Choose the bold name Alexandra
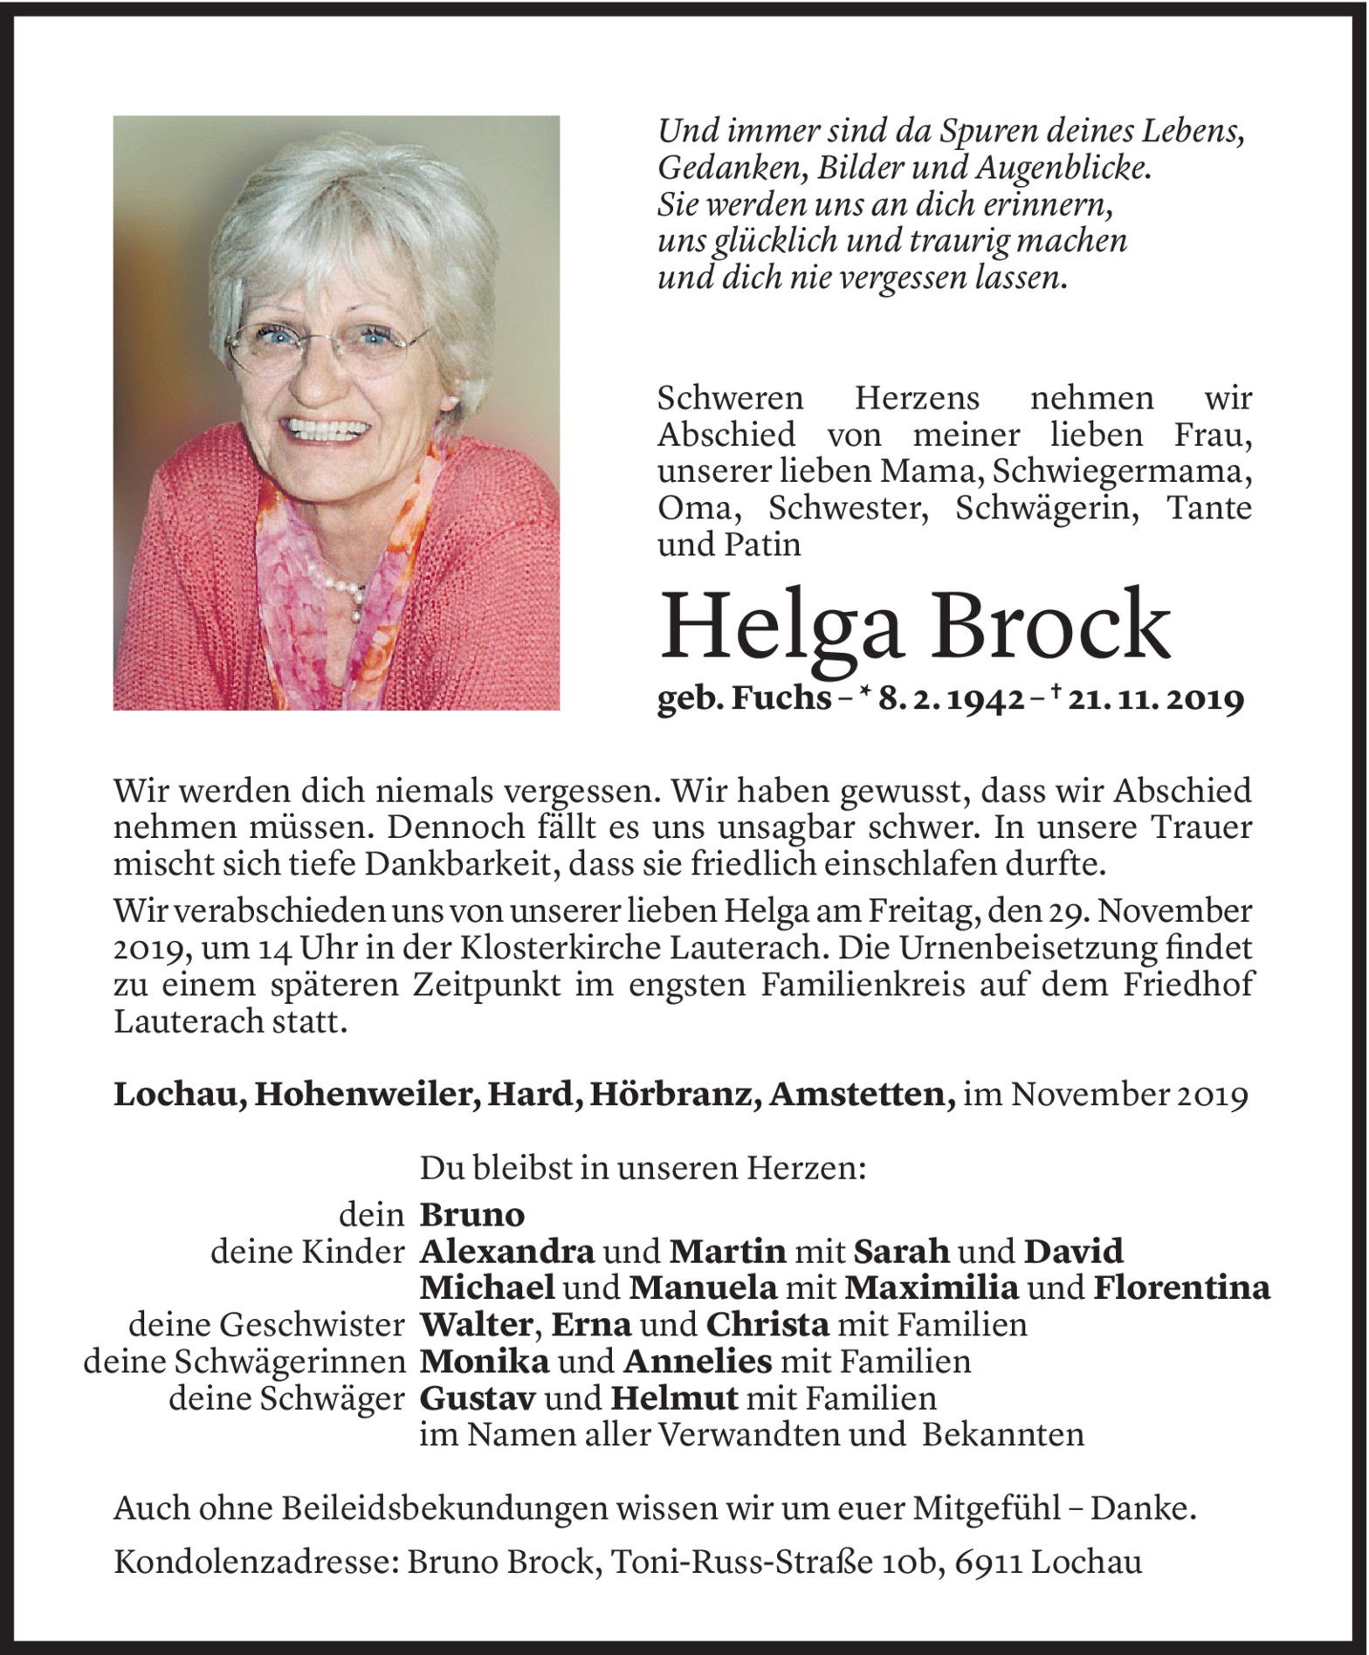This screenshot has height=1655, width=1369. pyautogui.click(x=507, y=1252)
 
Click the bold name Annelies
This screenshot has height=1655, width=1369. pyautogui.click(x=698, y=1361)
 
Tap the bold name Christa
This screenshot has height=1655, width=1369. pyautogui.click(x=767, y=1324)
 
